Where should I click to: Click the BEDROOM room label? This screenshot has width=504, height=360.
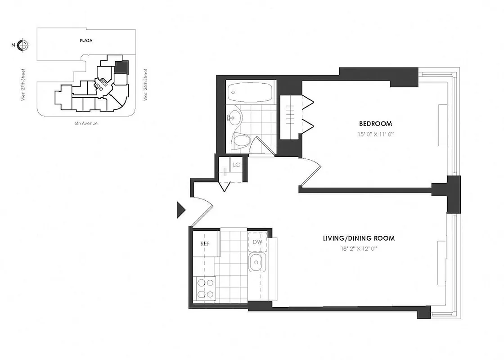tap(375, 123)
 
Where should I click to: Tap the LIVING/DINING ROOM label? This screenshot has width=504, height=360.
tap(359, 238)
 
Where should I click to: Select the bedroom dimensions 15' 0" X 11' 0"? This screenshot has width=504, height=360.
tap(375, 134)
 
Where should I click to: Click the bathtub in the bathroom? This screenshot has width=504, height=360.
tap(250, 93)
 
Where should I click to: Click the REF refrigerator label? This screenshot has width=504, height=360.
tap(206, 243)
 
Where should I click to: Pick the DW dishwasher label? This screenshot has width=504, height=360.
tap(257, 242)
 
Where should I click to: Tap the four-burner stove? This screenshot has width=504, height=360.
tap(205, 289)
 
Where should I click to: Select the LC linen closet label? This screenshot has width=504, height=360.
tap(237, 165)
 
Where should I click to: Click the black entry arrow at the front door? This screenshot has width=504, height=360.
tap(181, 210)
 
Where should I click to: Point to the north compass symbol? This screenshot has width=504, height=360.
tap(23, 45)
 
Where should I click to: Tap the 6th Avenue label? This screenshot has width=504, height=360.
tap(86, 123)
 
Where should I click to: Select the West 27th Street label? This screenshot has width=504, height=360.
tap(23, 85)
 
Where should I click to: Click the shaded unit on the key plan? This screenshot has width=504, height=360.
tap(121, 68)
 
